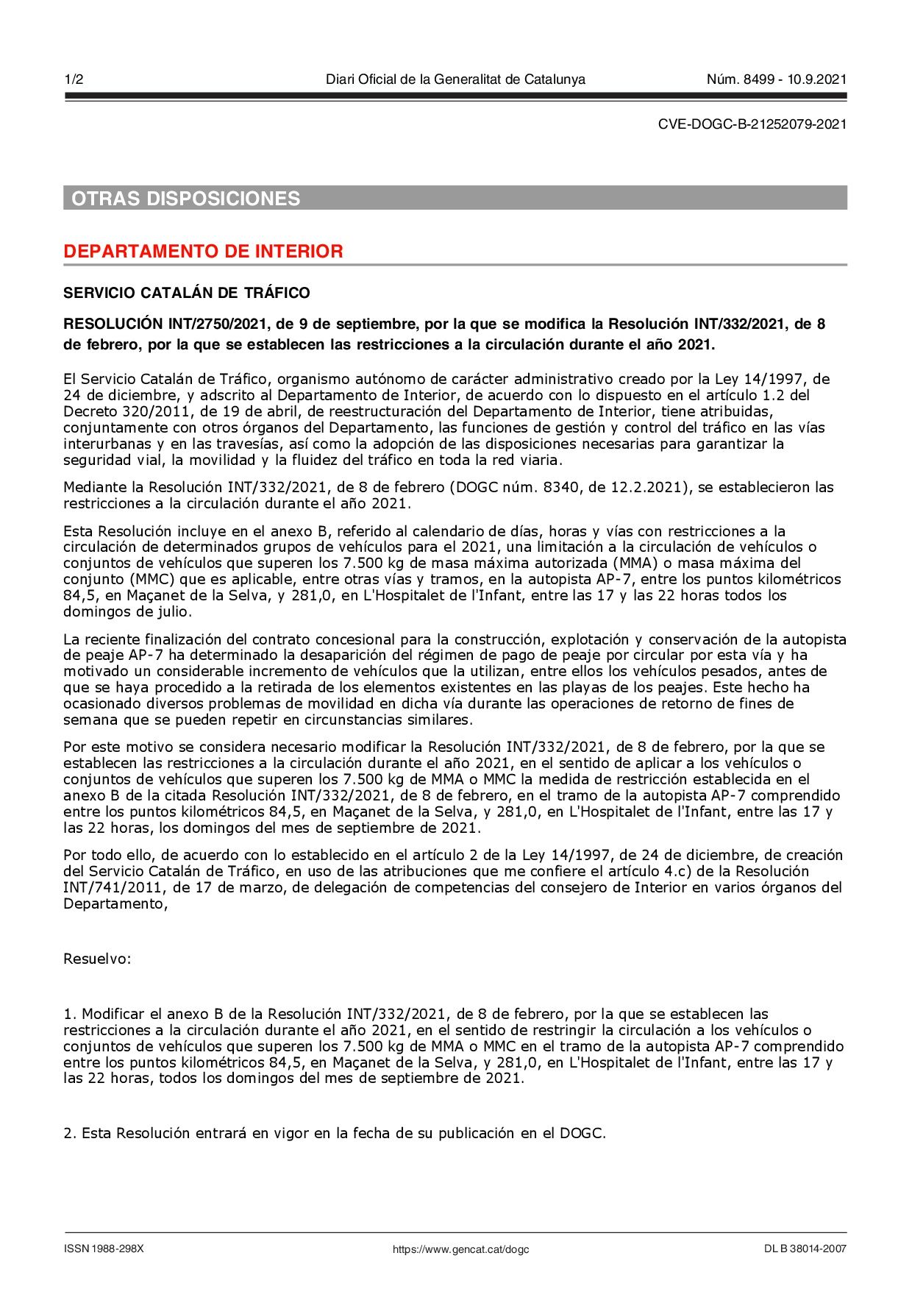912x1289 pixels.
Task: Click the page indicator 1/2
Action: coord(74,79)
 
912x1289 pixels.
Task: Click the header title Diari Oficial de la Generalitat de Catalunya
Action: coord(455,79)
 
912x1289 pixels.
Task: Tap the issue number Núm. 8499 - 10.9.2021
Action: coord(776,79)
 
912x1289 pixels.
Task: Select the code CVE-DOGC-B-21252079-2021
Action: coord(752,124)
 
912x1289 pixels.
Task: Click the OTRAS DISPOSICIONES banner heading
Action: coord(186,199)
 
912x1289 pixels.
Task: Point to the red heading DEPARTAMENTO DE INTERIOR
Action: coord(203,252)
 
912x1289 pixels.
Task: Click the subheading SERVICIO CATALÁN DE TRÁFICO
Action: coord(187,293)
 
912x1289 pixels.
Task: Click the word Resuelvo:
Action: coord(97,959)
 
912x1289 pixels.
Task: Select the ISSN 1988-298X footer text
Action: coord(104,1249)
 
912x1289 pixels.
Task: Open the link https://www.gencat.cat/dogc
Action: coord(460,1249)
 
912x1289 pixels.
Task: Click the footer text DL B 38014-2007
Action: coord(805,1249)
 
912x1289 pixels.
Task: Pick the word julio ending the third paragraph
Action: coord(172,612)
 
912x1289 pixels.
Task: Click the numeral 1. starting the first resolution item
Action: coord(71,1014)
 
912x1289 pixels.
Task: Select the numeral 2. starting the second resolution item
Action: coord(71,1134)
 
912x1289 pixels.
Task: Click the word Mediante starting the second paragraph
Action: coord(93,488)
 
